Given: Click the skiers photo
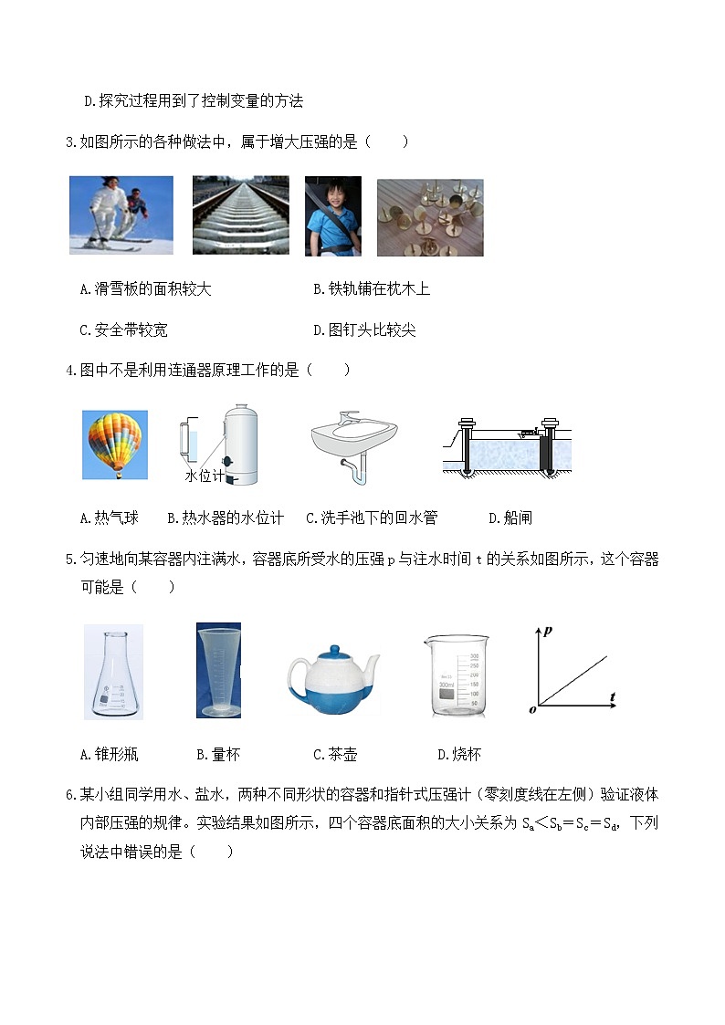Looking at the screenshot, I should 121,214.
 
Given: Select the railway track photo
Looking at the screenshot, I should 240,214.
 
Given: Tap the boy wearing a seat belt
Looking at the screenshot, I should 332,216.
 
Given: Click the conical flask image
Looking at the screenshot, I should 113,671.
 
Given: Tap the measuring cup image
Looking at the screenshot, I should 218,671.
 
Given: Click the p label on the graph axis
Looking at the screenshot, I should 548,630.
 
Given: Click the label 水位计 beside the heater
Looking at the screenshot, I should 204,476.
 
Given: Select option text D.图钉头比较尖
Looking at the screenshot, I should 364,330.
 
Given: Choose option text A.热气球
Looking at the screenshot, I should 110,518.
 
